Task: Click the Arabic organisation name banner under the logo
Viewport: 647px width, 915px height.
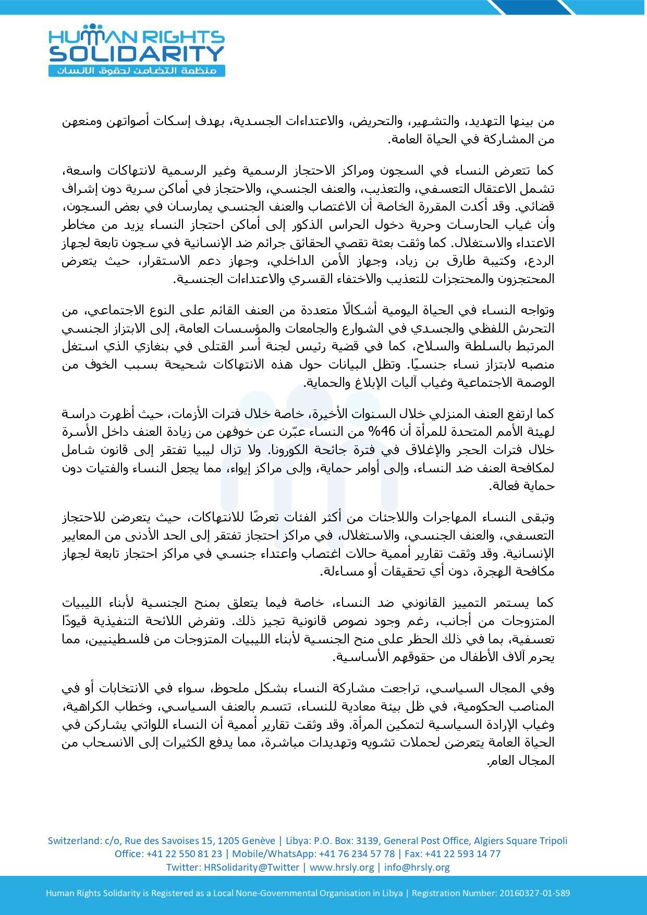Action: [137, 70]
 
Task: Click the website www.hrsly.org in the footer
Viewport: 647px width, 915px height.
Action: [342, 867]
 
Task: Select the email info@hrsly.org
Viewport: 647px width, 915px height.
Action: [417, 867]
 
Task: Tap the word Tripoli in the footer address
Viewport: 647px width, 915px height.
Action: [552, 840]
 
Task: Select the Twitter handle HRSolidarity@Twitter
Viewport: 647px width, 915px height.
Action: [251, 867]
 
